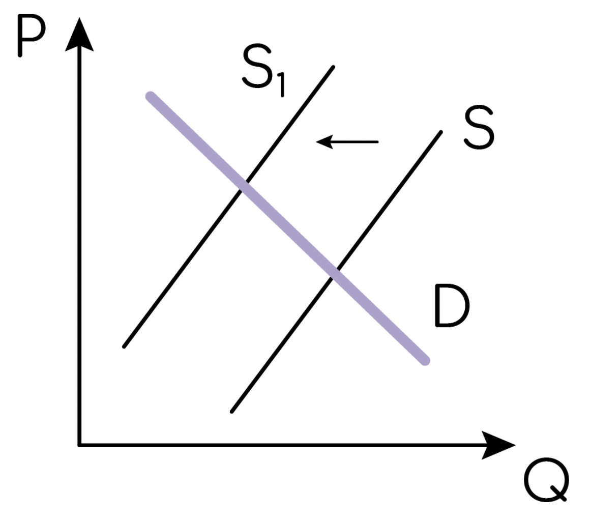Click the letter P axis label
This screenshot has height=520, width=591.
click(32, 36)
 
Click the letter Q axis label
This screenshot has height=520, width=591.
click(547, 479)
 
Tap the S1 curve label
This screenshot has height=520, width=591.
click(263, 70)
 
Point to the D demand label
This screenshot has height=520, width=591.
click(452, 305)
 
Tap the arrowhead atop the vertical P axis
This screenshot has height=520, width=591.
click(79, 34)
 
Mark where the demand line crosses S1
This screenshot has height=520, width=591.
click(244, 186)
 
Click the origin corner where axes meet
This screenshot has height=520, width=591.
click(79, 445)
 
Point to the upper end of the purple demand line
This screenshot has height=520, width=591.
click(151, 96)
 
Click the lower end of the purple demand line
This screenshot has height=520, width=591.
click(425, 361)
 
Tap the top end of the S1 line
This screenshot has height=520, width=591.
click(333, 67)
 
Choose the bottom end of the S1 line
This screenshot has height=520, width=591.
click(124, 346)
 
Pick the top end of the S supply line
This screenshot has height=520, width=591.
click(441, 132)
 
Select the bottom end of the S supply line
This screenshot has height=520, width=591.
click(232, 412)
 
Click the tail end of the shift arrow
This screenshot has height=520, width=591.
click(377, 142)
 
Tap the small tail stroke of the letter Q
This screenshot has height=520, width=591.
click(558, 493)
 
